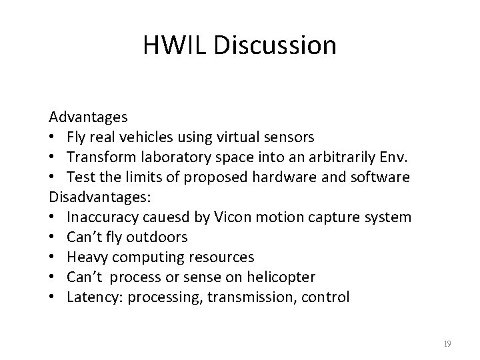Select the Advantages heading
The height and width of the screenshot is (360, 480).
coord(88,117)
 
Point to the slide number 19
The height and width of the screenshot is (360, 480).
coord(447,344)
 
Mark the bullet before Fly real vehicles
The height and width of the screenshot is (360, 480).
coord(52,137)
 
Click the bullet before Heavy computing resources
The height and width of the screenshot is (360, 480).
coord(52,257)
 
